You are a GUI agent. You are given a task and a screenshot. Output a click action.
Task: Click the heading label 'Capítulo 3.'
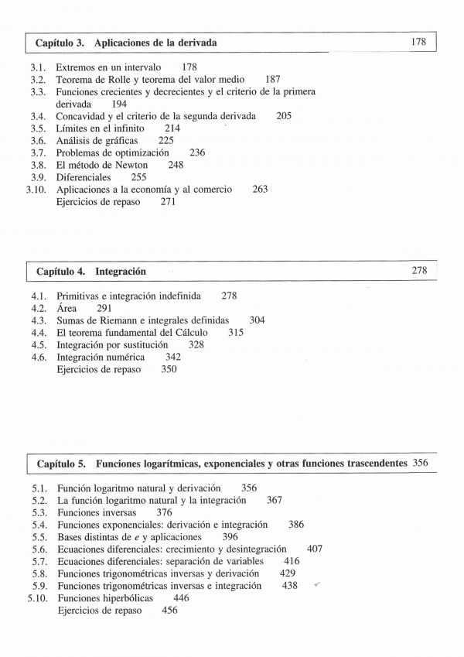[60, 43]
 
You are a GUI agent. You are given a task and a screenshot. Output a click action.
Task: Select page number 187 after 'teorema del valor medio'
[272, 80]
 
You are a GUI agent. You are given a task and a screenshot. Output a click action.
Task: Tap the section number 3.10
[36, 190]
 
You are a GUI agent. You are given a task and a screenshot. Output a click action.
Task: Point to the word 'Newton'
[141, 165]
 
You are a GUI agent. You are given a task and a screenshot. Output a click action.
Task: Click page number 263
[260, 190]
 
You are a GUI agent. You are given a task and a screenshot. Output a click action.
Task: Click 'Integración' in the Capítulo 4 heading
[121, 272]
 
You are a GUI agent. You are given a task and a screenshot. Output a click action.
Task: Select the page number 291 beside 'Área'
[104, 308]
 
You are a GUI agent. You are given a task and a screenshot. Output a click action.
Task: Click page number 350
[169, 370]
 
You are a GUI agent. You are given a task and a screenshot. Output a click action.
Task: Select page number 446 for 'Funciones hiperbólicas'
[181, 598]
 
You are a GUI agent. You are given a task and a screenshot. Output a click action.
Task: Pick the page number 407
[314, 549]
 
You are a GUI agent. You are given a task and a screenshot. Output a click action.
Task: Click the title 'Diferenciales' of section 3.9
[84, 177]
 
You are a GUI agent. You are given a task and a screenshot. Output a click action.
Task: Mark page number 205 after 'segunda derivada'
[283, 116]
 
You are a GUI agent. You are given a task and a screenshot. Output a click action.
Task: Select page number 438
[289, 586]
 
